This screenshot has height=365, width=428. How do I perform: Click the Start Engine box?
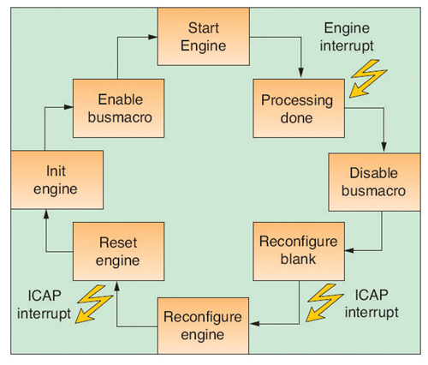click(204, 37)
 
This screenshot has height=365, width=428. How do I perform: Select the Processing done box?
click(299, 108)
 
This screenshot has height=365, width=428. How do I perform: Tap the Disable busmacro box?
click(374, 182)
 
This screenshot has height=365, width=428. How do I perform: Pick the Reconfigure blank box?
click(299, 251)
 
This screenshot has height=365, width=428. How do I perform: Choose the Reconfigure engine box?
click(203, 326)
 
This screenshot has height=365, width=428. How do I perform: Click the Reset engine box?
click(118, 251)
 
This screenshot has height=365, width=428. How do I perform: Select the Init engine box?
click(57, 180)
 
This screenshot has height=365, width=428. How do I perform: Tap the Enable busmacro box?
click(118, 108)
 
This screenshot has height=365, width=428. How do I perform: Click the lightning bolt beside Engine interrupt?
click(367, 79)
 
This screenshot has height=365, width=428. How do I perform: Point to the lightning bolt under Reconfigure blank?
click(324, 302)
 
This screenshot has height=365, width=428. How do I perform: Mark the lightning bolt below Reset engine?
click(94, 304)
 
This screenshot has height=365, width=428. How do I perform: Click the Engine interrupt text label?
click(347, 37)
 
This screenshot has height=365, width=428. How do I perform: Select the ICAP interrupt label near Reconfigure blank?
click(372, 303)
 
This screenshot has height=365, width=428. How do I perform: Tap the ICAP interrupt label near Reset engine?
click(44, 304)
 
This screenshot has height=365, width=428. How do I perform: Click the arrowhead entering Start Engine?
click(153, 37)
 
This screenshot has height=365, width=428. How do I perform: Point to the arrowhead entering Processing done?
click(300, 73)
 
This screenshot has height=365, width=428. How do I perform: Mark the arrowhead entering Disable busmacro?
click(383, 147)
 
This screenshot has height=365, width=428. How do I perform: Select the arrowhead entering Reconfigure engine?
click(254, 324)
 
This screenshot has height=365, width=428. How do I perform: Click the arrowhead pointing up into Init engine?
click(46, 214)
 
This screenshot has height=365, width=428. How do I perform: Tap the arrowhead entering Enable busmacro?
click(68, 107)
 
